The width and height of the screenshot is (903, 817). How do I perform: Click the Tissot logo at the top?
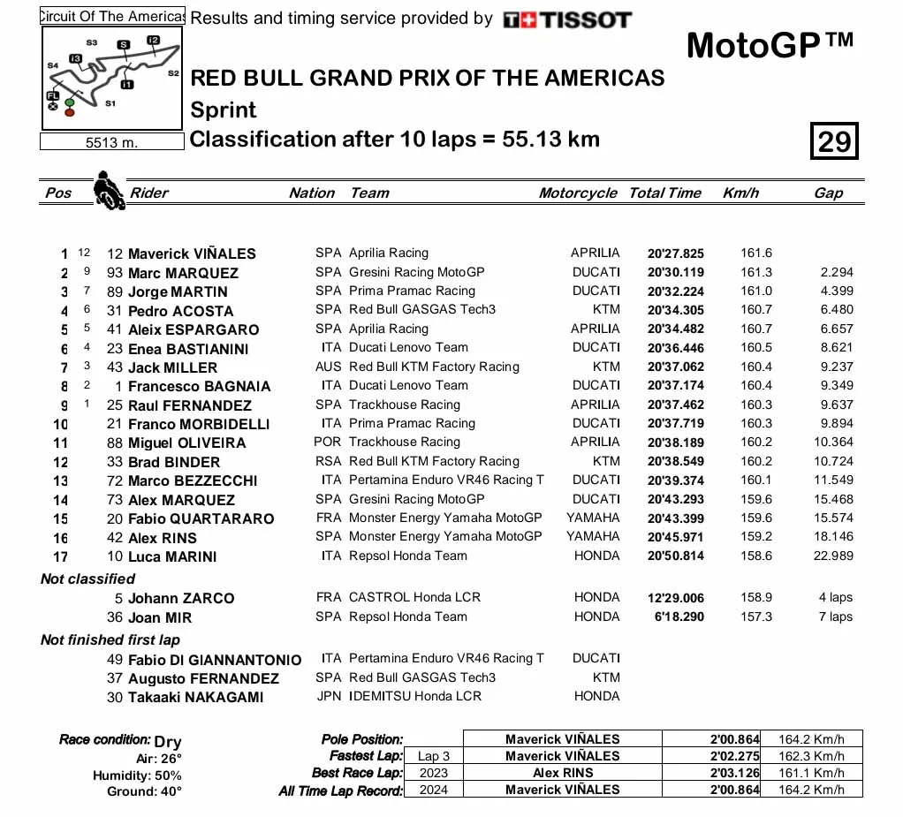point(567,19)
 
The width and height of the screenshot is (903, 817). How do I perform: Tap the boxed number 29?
point(833,141)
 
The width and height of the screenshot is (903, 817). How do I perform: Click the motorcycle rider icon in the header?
point(108,190)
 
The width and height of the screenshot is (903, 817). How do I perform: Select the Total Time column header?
point(664,193)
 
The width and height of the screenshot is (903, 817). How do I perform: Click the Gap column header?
point(828,193)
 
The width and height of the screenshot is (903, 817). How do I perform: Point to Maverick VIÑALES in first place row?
point(192,253)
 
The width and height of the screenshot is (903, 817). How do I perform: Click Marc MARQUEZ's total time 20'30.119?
point(675,272)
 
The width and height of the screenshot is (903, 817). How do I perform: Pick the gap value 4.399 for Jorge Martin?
point(834,291)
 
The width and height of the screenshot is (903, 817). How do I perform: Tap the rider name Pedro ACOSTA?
point(180,311)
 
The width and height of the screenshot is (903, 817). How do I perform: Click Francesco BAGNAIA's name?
point(199,386)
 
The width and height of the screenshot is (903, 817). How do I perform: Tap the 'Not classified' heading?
point(87,579)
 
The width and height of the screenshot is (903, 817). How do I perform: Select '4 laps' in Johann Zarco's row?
point(835,597)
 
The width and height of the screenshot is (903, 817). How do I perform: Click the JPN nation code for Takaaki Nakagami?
point(328,696)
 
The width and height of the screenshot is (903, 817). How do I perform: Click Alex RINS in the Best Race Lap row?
point(563,773)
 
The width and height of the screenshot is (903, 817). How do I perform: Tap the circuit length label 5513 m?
point(111,142)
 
